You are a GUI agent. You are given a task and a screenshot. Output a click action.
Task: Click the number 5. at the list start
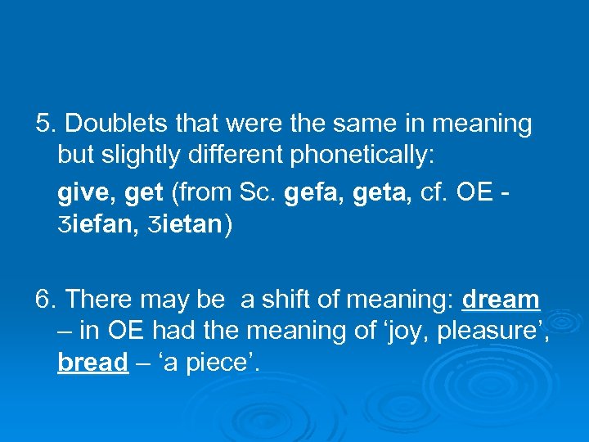[x=46, y=124]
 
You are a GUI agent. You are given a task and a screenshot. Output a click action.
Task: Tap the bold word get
[x=144, y=194]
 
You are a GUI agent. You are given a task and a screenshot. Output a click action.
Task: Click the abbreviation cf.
[x=432, y=193]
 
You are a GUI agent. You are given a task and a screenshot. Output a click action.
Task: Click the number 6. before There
[x=46, y=300]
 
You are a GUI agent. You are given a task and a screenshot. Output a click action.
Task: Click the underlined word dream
[x=501, y=300]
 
